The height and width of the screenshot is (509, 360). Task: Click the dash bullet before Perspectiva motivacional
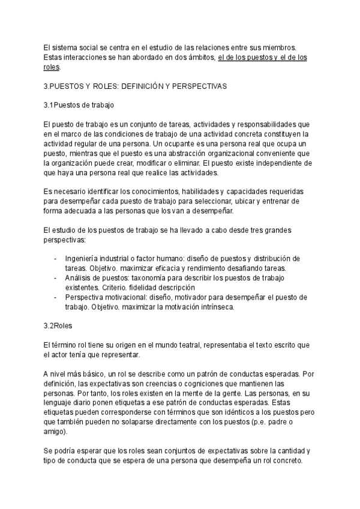(56, 297)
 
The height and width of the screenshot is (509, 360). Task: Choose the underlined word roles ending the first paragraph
(52, 67)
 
